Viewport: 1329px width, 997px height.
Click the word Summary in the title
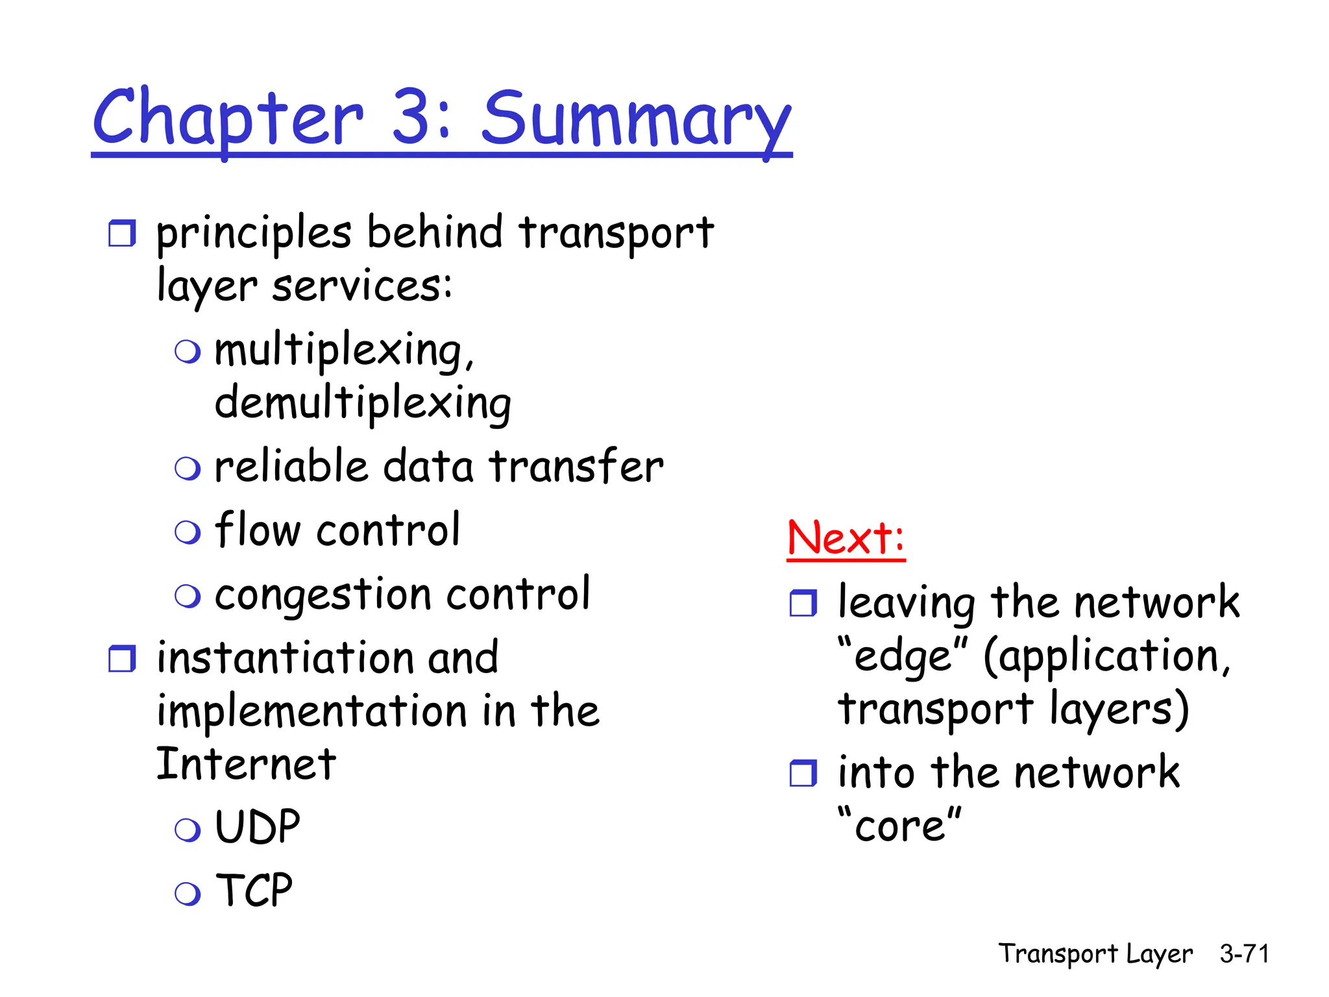pos(636,120)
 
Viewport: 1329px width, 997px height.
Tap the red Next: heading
pos(846,538)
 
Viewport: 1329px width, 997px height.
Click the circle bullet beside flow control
pos(188,532)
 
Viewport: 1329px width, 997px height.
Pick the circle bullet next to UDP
pos(188,829)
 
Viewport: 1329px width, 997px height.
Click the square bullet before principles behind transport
pos(122,233)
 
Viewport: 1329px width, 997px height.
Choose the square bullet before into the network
pos(803,773)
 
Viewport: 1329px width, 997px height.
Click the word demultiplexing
pos(363,404)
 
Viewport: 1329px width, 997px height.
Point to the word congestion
pos(323,596)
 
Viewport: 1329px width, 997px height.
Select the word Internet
pos(246,764)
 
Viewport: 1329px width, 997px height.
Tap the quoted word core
pos(899,826)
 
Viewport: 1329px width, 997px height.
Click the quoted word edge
pos(902,656)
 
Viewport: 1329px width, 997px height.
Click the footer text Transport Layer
pos(1095,954)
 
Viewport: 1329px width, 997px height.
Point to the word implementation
pos(312,711)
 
